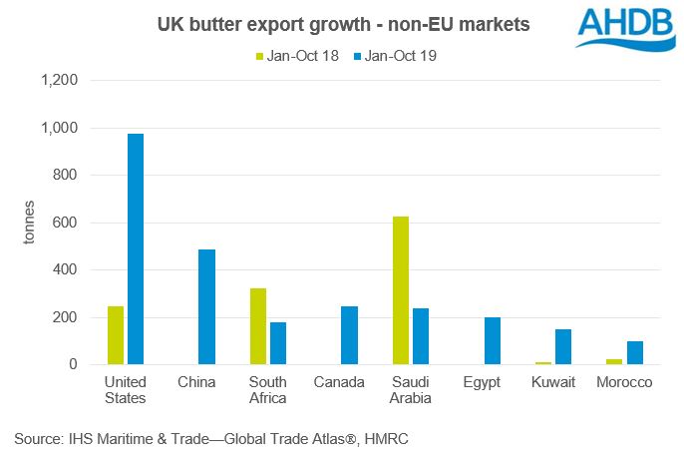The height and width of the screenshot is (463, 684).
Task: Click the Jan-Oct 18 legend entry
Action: (x=296, y=56)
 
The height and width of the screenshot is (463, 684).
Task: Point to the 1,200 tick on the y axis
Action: (x=59, y=80)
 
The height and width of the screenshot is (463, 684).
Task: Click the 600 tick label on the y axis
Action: (x=66, y=223)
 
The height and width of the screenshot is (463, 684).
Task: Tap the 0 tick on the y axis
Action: (x=73, y=365)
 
